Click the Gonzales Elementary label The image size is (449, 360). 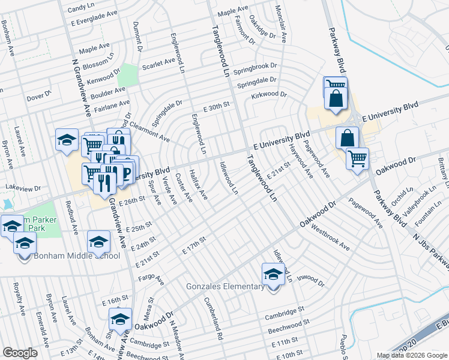[226, 286]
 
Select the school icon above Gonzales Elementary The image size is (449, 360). [273, 275]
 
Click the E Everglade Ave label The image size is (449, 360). [91, 21]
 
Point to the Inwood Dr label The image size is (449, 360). [310, 282]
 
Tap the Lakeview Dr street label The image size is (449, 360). [23, 188]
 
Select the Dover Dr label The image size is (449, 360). [40, 96]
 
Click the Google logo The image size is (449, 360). [20, 353]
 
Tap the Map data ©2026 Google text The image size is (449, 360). [412, 355]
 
